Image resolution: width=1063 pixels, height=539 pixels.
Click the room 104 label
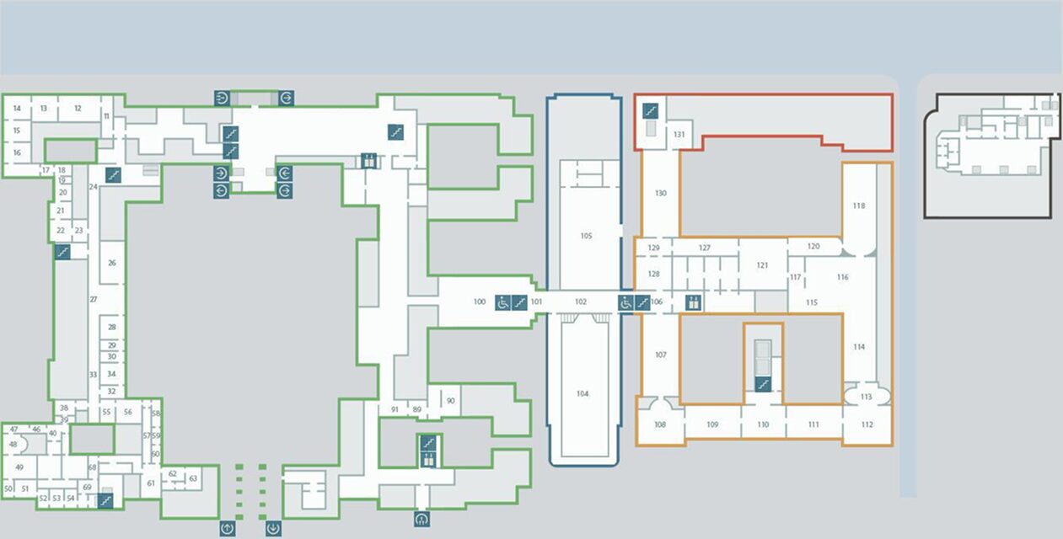pos(583,393)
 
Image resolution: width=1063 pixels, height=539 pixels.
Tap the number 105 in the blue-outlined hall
pos(586,236)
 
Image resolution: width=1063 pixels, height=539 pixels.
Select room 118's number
pos(858,205)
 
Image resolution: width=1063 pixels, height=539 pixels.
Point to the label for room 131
pos(679,134)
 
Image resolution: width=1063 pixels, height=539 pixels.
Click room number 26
pos(112,263)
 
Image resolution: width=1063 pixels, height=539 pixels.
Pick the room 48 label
pos(13,444)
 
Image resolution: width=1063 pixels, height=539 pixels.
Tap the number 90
pos(450,401)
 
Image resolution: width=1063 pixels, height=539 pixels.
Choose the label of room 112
pos(867,424)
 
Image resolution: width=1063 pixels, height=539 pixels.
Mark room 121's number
pos(762,265)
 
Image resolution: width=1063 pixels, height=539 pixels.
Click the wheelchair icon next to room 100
pos(503,302)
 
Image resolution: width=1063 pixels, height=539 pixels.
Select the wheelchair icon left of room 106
pos(626,302)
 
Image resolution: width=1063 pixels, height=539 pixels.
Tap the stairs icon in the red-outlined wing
pos(651,111)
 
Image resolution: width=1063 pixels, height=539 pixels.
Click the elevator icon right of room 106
pos(693,302)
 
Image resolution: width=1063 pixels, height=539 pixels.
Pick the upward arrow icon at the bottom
pos(228,528)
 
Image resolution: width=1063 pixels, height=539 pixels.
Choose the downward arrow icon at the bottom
pos(273,528)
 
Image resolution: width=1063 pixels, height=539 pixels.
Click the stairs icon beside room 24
pos(113,175)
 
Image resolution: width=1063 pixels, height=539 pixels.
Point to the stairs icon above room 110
pos(763,384)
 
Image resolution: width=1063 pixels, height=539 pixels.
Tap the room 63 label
pos(193,478)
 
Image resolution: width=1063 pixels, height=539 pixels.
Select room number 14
pos(17,108)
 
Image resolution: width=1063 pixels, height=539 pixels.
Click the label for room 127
pos(704,248)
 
